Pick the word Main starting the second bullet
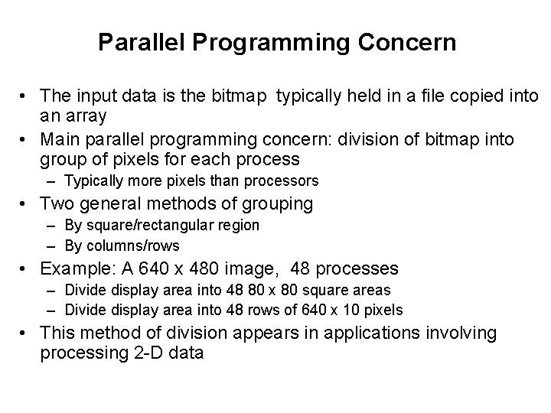click(x=59, y=139)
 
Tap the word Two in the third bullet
click(x=56, y=204)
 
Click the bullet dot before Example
click(x=27, y=269)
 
